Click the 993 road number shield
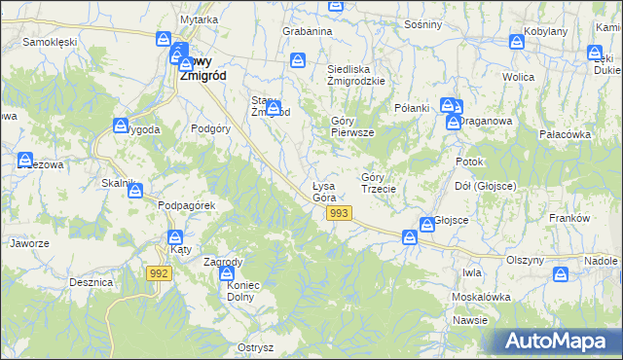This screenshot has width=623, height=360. click(339, 213)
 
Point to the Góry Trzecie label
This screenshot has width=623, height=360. click(378, 183)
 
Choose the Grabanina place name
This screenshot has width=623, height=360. click(308, 31)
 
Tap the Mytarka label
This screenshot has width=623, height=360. click(199, 19)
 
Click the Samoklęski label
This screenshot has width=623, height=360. click(50, 43)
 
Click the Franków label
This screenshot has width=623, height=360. click(570, 219)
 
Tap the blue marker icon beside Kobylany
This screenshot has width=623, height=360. click(517, 42)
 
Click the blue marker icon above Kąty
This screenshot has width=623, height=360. click(175, 236)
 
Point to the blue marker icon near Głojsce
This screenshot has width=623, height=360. click(426, 226)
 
